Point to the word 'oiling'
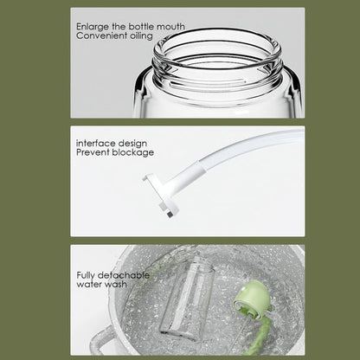[143, 36]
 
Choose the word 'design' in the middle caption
[135, 143]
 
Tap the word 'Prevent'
[92, 152]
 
